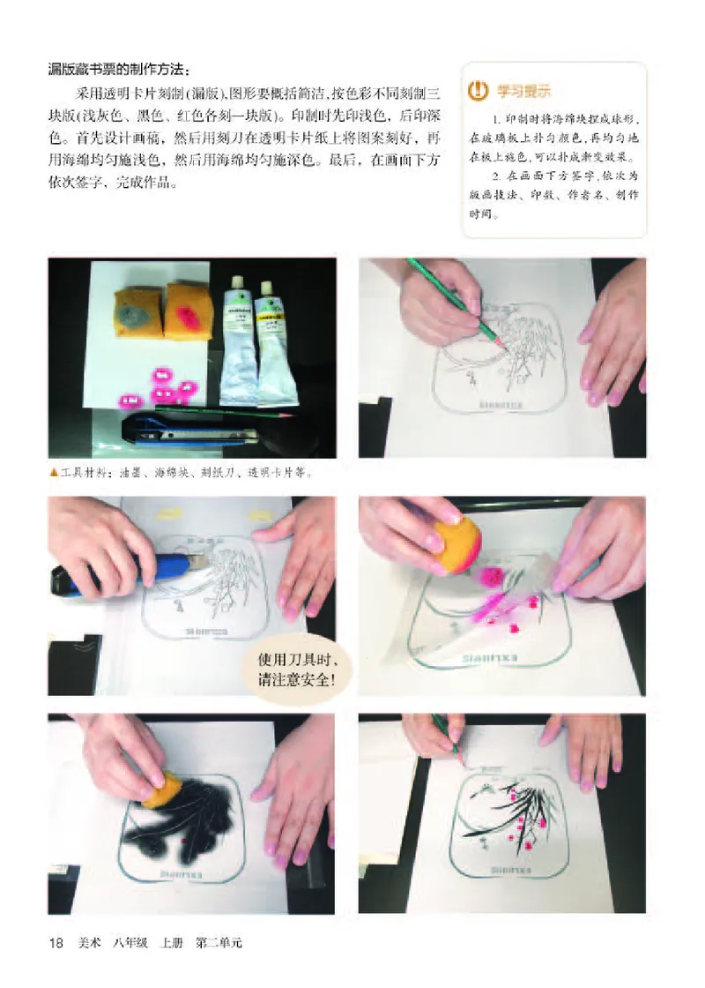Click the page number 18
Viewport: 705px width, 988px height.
click(55, 943)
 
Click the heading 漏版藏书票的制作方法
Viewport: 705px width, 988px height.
click(118, 70)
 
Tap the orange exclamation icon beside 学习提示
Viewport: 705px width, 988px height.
click(478, 89)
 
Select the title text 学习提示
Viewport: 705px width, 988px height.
click(523, 90)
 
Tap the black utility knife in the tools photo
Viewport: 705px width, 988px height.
click(189, 432)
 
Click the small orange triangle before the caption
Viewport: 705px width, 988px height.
click(54, 471)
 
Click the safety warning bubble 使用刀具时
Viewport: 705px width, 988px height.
click(291, 672)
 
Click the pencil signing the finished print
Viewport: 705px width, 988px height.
click(445, 734)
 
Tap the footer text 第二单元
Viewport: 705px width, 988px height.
click(218, 943)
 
